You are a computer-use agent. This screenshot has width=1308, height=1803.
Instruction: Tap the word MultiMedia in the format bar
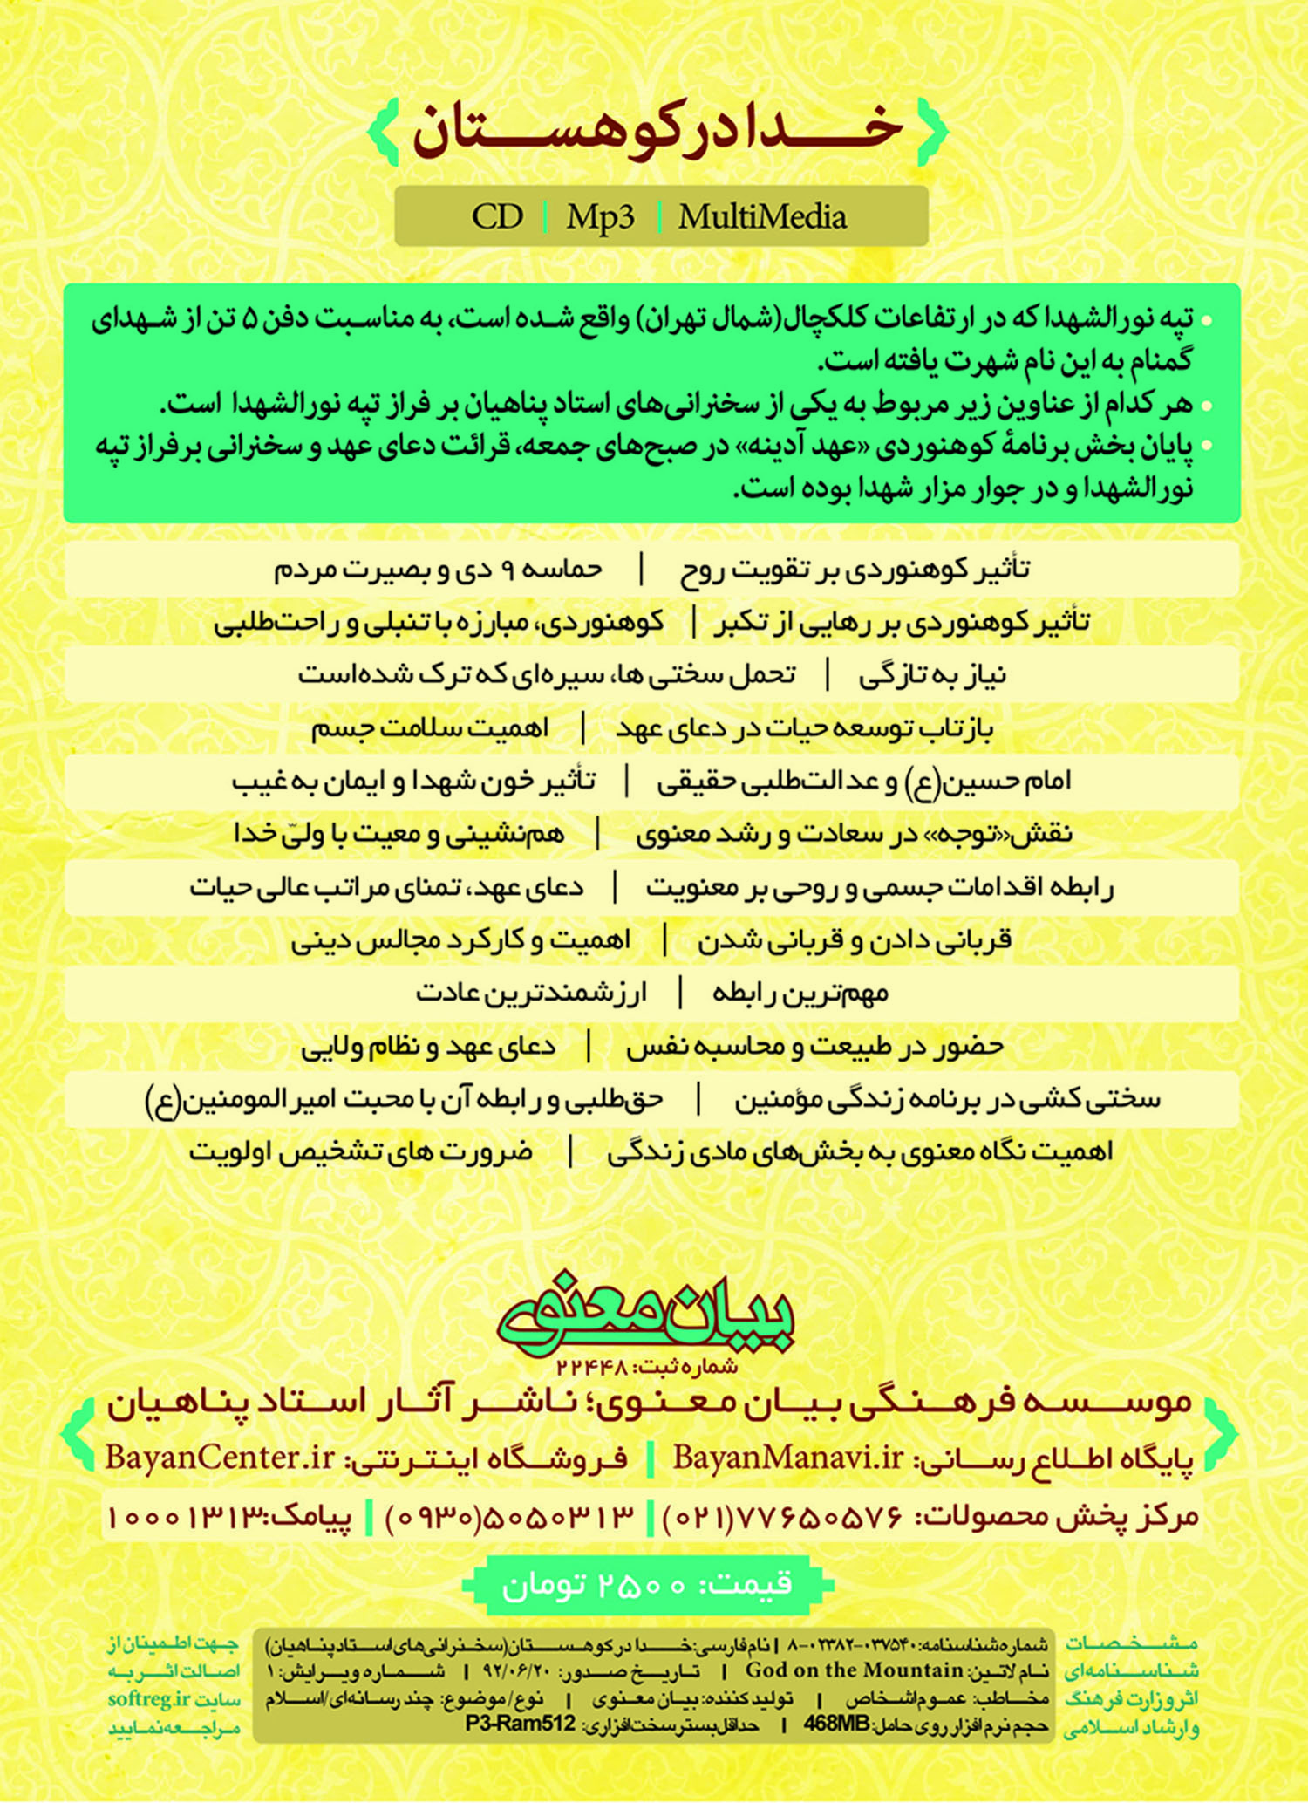click(x=762, y=216)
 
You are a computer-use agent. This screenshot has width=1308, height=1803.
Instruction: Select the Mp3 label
click(x=601, y=216)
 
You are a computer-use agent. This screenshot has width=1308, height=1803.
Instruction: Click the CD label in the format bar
click(x=497, y=216)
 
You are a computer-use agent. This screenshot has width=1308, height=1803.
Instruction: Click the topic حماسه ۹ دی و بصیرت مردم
click(x=438, y=570)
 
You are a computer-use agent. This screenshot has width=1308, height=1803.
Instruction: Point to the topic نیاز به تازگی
click(x=932, y=676)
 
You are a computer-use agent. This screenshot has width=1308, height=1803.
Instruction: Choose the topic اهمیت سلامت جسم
click(x=430, y=728)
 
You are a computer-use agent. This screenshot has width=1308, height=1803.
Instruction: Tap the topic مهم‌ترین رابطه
click(x=800, y=994)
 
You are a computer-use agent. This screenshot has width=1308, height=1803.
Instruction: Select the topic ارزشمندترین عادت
click(x=531, y=994)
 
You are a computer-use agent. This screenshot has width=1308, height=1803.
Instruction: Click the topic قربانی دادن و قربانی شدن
click(x=855, y=940)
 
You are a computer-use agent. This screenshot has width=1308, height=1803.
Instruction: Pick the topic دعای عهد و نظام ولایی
click(x=428, y=1047)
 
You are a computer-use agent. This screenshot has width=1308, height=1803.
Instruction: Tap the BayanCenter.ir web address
click(x=221, y=1458)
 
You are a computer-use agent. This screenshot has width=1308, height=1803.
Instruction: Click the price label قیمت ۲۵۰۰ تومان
click(x=647, y=1583)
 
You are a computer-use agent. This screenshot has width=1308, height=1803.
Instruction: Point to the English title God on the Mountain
click(x=854, y=1670)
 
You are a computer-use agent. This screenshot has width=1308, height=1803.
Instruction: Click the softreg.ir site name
click(x=149, y=1699)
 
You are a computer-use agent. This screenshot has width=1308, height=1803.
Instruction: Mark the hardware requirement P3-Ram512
click(x=521, y=1723)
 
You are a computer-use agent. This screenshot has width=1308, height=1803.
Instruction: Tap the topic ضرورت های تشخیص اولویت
click(x=361, y=1152)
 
